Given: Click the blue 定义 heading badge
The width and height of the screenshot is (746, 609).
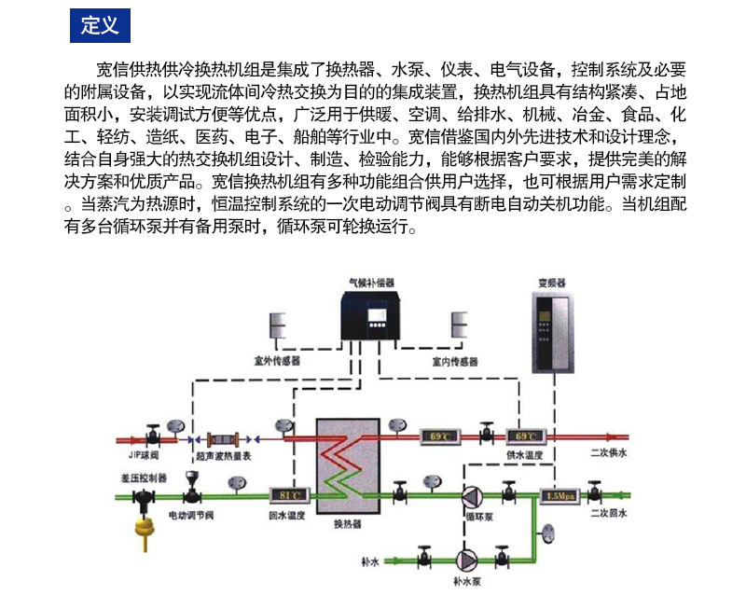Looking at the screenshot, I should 100,25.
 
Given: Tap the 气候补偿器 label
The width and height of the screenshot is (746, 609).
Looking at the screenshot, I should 370,280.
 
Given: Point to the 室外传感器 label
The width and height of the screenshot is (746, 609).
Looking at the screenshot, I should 277,359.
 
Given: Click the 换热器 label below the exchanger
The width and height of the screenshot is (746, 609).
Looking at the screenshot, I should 346,523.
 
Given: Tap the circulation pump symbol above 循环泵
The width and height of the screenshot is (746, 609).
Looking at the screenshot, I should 475,494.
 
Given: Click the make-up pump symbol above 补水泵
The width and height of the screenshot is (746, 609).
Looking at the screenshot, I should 463,561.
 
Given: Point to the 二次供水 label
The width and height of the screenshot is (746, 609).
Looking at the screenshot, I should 609,454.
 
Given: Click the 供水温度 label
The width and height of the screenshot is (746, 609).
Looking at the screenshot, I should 524,454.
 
